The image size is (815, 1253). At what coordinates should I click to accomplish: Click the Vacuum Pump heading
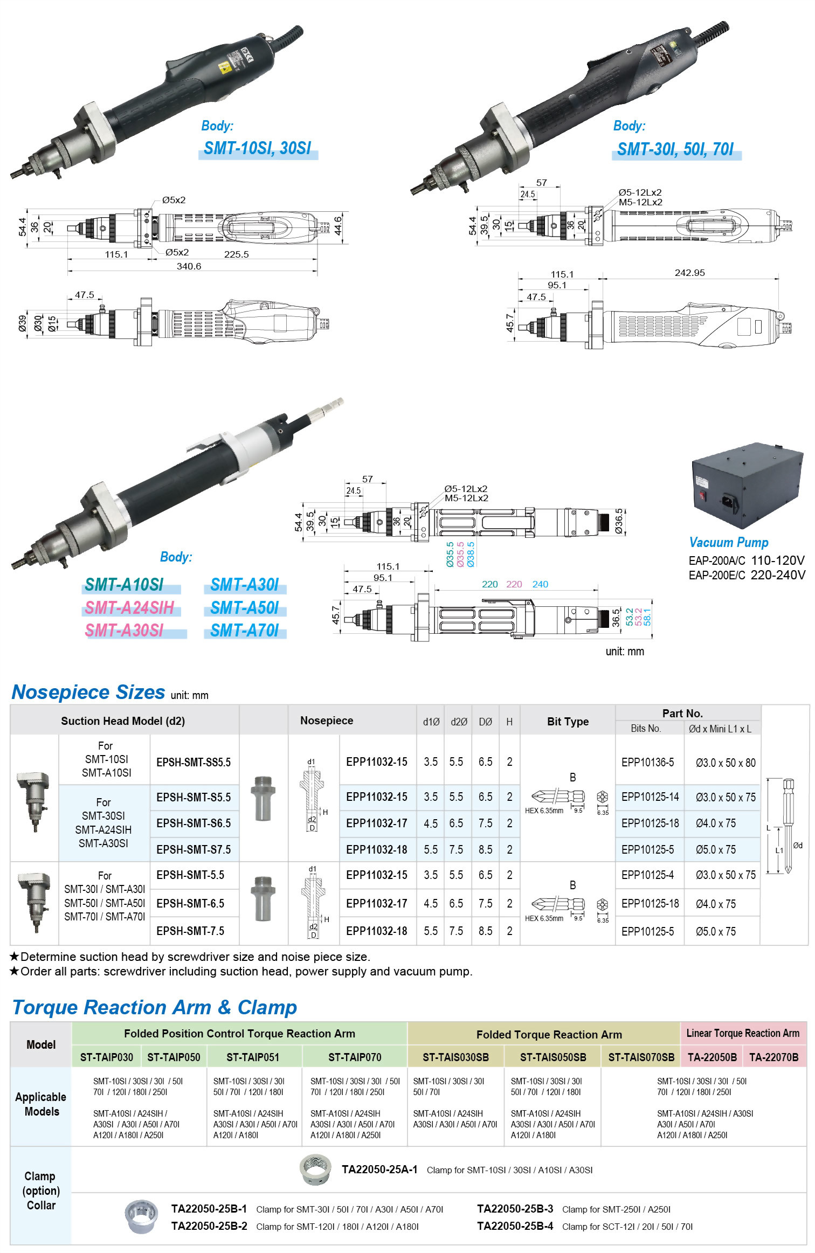tap(728, 542)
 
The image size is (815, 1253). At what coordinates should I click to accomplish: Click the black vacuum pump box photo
tap(746, 485)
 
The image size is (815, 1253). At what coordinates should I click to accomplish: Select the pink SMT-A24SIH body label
tap(129, 608)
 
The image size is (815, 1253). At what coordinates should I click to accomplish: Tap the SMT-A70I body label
tap(244, 630)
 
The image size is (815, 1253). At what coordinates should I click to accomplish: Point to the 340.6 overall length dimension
tap(189, 266)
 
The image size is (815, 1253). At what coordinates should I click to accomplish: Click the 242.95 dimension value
tap(689, 273)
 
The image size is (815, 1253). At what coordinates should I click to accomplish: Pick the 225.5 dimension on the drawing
tap(236, 254)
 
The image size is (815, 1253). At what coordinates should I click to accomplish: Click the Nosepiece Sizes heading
tap(88, 692)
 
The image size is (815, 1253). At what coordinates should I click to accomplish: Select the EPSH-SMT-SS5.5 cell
tap(194, 762)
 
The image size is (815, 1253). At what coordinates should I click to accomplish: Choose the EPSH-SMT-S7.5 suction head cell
tap(194, 849)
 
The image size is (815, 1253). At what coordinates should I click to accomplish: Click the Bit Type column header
tap(568, 722)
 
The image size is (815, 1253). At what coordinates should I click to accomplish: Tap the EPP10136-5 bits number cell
tap(647, 762)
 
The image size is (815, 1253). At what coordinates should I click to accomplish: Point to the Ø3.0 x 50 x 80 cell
tap(725, 763)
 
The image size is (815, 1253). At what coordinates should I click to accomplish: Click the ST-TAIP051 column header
tap(253, 1057)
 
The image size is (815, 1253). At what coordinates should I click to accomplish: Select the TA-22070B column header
tap(773, 1057)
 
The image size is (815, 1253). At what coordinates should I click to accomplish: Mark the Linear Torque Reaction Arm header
tap(743, 1033)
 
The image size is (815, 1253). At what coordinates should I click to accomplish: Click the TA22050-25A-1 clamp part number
tap(379, 1169)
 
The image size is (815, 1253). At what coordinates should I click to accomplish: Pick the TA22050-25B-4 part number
tap(515, 1226)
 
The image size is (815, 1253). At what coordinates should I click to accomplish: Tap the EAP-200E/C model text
tap(717, 575)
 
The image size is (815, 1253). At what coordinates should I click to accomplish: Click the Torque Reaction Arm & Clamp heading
tap(155, 1007)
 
